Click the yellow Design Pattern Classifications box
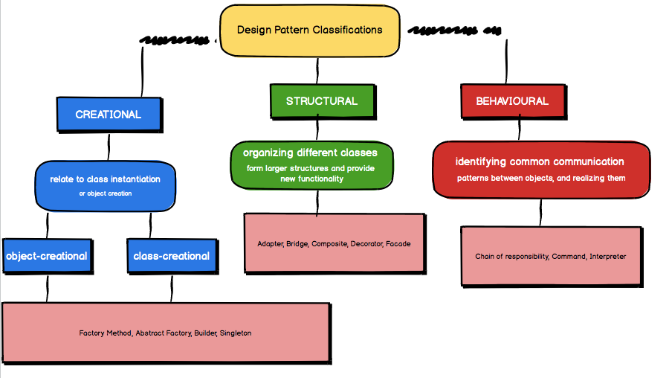309,31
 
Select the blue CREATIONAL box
109,115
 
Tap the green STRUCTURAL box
321,101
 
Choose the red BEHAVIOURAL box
512,101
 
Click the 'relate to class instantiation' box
106,179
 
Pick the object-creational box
46,256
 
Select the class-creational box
171,256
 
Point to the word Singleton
236,333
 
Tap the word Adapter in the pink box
270,244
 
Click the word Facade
398,244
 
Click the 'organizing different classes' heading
310,153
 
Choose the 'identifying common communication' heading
540,161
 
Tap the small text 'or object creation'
105,193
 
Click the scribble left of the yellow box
175,39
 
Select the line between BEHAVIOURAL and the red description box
520,129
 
